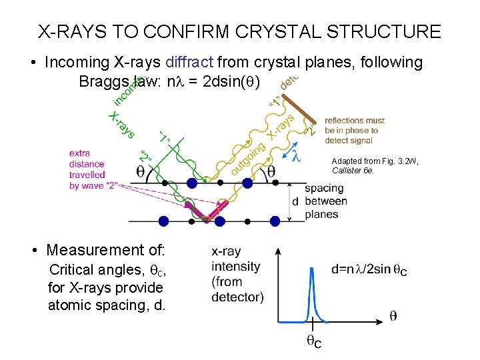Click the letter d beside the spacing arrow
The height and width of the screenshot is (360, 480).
pos(295,201)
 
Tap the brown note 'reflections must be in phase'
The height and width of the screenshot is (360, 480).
pos(354,131)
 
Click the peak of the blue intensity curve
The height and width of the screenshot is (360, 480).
pos(311,269)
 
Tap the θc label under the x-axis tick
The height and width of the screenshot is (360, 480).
pos(313,342)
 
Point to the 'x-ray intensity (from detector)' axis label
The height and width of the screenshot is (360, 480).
pos(237,274)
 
